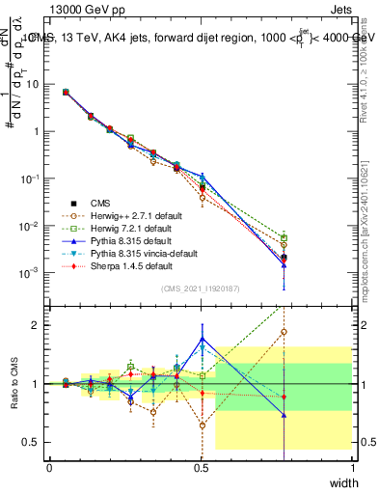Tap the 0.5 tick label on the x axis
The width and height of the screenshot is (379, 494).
point(201,466)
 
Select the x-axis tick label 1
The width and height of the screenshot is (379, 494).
point(353,466)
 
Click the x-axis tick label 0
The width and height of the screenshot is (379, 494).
point(49,466)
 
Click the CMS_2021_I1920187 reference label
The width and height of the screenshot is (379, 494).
point(201,288)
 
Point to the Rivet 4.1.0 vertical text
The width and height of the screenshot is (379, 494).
point(365,58)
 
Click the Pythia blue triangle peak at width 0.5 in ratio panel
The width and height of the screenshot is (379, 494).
point(201,339)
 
